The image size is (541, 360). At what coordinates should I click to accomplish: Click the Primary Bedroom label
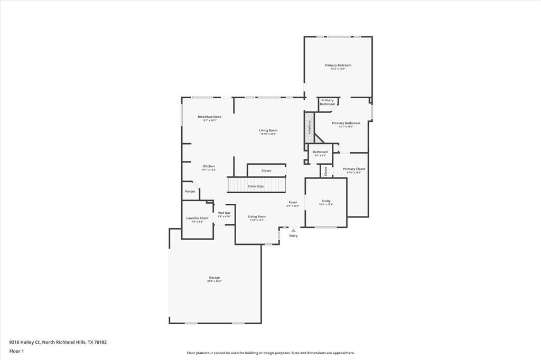(x=338, y=65)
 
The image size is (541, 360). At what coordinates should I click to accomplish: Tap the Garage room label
(x=214, y=278)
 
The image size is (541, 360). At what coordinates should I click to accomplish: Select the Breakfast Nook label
(x=209, y=117)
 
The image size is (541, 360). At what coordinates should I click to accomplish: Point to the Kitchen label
(x=209, y=166)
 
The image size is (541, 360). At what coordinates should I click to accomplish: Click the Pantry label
(x=190, y=191)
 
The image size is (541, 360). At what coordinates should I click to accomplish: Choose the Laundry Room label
(x=197, y=218)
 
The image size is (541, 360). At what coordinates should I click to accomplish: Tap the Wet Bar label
(x=224, y=213)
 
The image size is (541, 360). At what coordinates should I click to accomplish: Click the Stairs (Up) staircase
(x=256, y=185)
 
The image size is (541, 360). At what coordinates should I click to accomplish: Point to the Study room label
(x=326, y=201)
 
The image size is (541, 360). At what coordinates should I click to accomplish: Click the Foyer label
(x=292, y=202)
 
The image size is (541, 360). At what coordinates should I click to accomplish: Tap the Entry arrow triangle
(x=293, y=230)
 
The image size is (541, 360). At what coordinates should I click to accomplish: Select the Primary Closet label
(x=353, y=169)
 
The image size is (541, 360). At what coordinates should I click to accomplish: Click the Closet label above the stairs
(x=266, y=170)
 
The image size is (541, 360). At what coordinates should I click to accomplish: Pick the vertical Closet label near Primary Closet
(x=326, y=171)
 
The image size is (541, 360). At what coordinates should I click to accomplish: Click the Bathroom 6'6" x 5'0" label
(x=320, y=152)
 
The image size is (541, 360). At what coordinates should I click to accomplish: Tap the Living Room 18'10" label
(x=268, y=130)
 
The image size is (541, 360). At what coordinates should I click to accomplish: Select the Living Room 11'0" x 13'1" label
(x=257, y=216)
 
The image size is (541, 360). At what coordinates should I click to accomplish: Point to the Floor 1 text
(x=16, y=351)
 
